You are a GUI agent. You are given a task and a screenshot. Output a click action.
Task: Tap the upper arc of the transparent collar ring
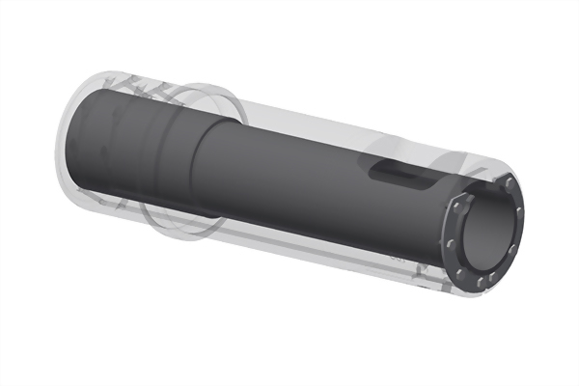[x=207, y=89]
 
